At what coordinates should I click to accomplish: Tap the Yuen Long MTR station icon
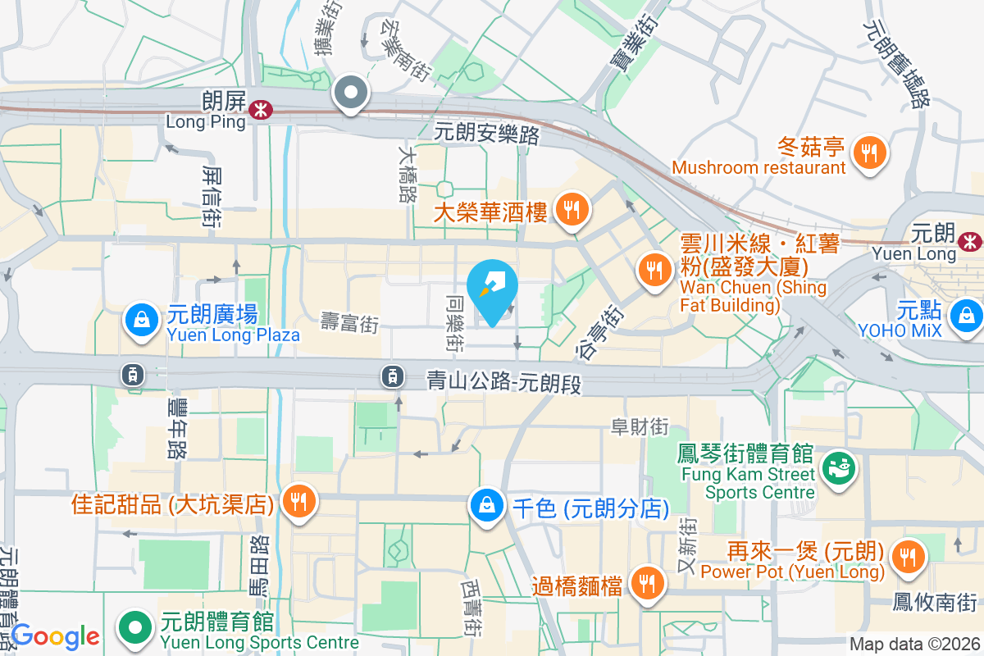click(x=971, y=240)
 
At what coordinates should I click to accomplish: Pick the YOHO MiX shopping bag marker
click(x=967, y=316)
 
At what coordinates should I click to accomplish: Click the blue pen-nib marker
click(x=492, y=289)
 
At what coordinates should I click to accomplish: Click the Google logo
click(x=55, y=635)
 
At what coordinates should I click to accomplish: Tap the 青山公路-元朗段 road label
click(x=503, y=381)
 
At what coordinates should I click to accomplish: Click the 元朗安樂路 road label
click(x=486, y=133)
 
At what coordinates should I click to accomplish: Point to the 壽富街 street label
click(x=350, y=323)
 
